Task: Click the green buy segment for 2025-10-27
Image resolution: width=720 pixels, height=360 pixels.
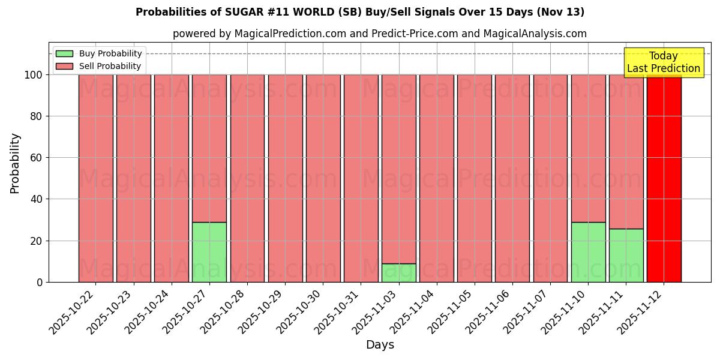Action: (209, 252)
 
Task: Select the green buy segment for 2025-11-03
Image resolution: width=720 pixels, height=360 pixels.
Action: (399, 273)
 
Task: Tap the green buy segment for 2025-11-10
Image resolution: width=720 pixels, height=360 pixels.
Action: (589, 252)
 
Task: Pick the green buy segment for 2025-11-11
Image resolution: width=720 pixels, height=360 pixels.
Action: (626, 255)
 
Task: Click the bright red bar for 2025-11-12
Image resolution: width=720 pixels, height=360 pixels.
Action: (664, 180)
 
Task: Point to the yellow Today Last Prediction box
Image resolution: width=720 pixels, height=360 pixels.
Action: (664, 62)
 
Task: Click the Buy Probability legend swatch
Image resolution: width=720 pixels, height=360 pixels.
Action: (64, 54)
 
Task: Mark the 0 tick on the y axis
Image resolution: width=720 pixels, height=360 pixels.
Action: (40, 282)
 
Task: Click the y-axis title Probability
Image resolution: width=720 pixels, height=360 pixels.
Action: (15, 163)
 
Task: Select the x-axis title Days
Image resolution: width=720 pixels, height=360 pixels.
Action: (380, 345)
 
